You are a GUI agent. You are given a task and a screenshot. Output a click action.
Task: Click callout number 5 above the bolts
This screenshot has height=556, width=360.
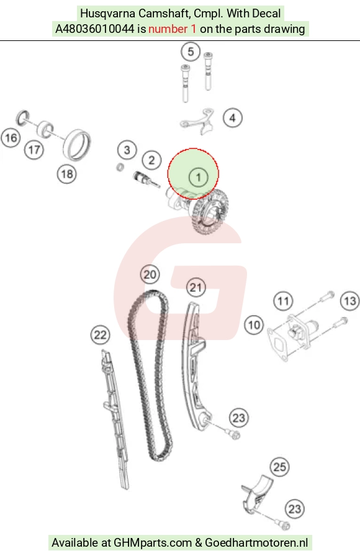tap(191, 52)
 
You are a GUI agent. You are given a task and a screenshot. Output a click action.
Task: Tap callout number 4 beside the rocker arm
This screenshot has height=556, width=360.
tap(233, 118)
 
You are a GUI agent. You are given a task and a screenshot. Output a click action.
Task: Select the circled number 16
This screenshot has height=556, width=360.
tap(11, 138)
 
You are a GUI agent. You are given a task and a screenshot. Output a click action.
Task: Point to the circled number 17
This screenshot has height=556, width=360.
tap(34, 150)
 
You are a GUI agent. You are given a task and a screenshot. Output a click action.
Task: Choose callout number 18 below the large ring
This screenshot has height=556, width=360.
tap(66, 174)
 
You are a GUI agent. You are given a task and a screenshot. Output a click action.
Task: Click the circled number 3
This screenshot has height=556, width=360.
tap(127, 150)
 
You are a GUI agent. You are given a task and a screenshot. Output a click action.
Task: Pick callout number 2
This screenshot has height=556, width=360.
tap(152, 160)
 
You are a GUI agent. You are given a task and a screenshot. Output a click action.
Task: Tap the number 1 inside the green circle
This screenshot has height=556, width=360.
tap(198, 177)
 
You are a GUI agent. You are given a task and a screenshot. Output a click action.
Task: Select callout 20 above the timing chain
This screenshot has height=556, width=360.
tap(150, 274)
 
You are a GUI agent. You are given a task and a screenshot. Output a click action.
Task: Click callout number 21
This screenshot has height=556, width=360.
tap(196, 287)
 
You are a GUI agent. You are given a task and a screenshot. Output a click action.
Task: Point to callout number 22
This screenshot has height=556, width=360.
tap(100, 334)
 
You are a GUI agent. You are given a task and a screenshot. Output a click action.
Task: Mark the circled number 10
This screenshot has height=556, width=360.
tap(254, 325)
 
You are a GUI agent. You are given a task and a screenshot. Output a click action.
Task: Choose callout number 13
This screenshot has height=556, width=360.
tap(350, 301)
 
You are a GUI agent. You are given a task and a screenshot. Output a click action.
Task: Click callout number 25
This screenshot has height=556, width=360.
tap(280, 467)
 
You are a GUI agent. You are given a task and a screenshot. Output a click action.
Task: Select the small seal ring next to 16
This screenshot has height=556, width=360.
tap(24, 117)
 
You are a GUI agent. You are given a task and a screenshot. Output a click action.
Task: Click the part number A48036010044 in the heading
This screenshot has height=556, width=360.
tap(95, 29)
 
